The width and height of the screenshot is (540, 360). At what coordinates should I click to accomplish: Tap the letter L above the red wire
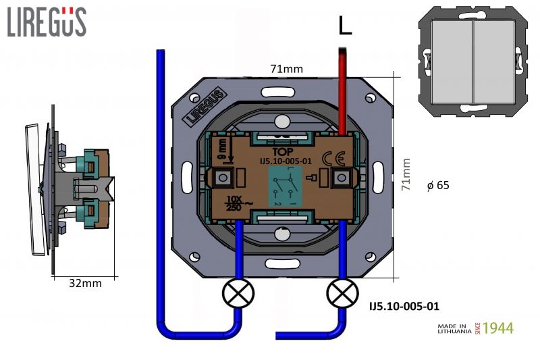[x=345, y=26]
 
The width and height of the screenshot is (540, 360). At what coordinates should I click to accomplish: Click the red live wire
[x=343, y=88]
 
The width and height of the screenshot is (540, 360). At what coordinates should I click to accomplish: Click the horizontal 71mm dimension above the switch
[x=286, y=69]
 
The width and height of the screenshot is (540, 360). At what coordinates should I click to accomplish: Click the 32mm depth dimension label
[x=86, y=284]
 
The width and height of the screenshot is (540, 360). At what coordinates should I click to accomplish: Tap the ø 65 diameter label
[x=439, y=185]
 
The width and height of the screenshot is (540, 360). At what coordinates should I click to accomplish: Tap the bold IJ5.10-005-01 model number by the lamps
[x=404, y=306]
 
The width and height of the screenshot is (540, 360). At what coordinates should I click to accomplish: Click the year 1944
[x=498, y=329]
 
